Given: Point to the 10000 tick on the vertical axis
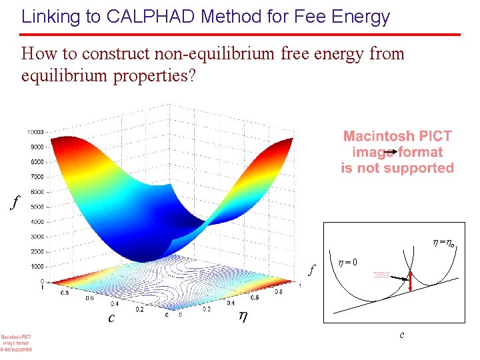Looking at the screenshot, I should click(x=35, y=131).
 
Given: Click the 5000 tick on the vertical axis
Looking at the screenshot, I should click(x=37, y=207).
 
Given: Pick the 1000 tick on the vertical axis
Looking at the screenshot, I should click(x=37, y=267).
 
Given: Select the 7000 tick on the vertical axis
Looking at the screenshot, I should click(x=37, y=177).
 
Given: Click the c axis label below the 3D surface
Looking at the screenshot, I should click(x=113, y=317).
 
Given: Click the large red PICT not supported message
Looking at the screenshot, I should click(x=397, y=152).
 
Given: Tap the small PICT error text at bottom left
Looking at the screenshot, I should click(x=16, y=343).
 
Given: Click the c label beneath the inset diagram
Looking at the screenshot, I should click(x=401, y=335).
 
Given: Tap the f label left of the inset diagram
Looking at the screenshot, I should click(x=311, y=270).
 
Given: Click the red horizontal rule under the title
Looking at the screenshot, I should click(x=240, y=35).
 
